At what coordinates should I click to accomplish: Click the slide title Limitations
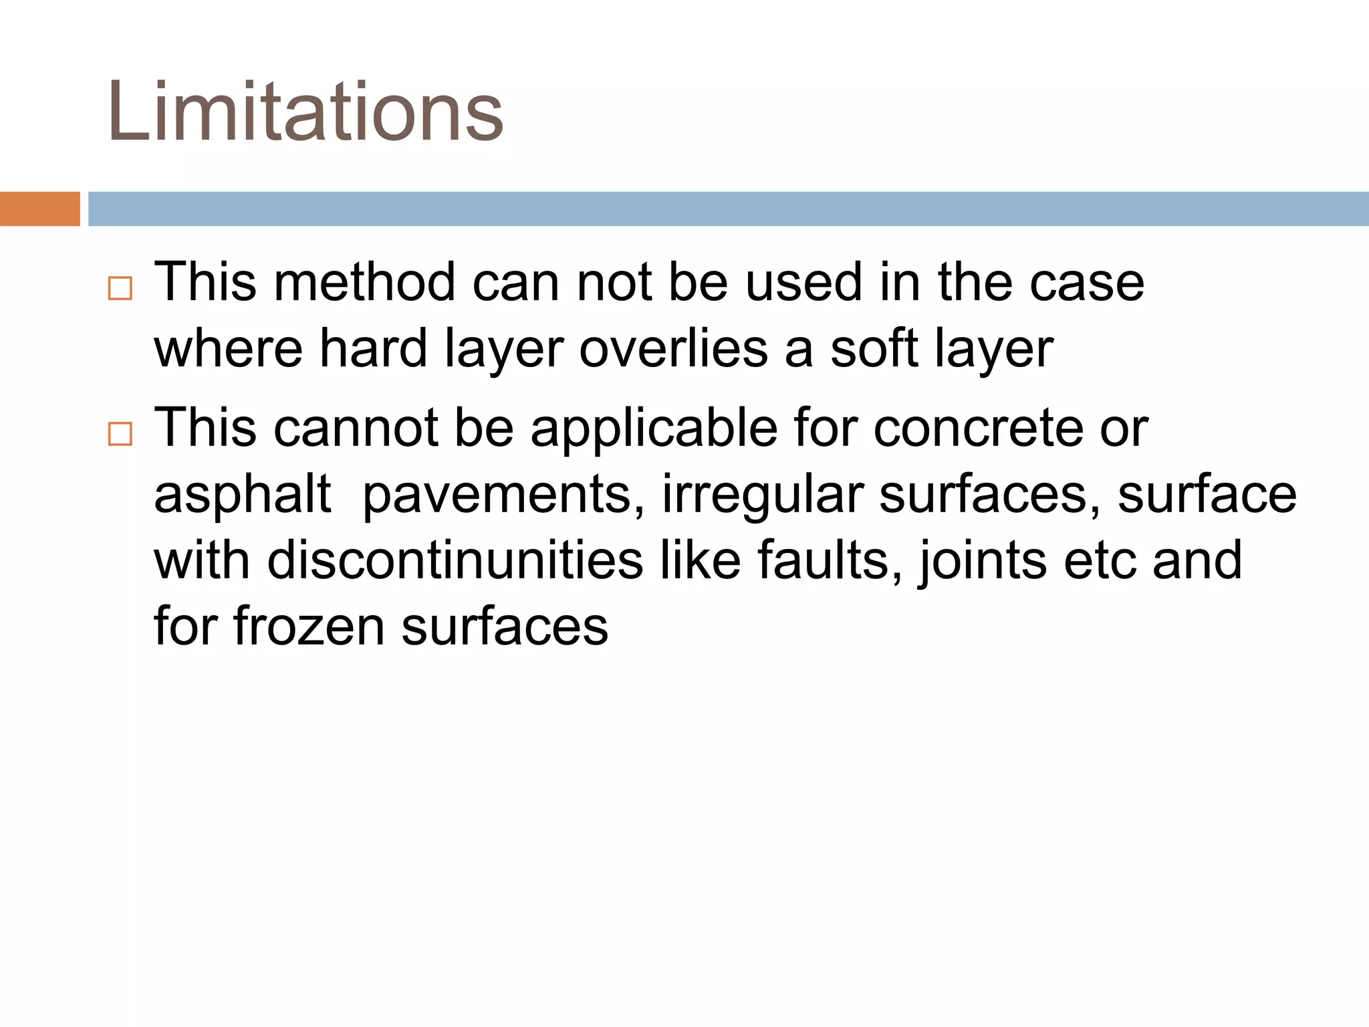[x=305, y=111]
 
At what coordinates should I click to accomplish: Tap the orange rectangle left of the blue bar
[x=39, y=209]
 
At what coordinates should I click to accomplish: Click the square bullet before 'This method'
[x=120, y=289]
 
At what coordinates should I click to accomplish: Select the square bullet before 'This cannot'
[x=120, y=434]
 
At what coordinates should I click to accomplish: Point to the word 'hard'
[x=373, y=348]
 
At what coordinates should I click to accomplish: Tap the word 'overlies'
[x=673, y=348]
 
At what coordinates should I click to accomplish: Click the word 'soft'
[x=874, y=348]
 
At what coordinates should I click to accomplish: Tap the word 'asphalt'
[x=242, y=495]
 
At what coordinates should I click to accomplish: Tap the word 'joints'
[x=983, y=560]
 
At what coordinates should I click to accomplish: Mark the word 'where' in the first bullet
[x=228, y=348]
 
